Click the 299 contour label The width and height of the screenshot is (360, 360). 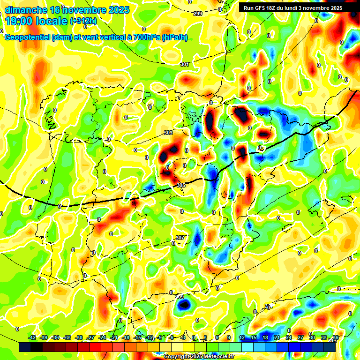click(198, 14)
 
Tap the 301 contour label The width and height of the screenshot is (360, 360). click(185, 64)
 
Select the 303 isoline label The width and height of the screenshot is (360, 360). click(169, 133)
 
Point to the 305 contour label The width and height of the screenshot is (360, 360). click(181, 186)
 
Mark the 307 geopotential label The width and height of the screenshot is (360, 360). click(180, 238)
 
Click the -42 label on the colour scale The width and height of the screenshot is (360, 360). click(32, 337)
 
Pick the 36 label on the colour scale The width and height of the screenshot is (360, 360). click(336, 337)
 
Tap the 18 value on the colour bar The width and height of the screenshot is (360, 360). click(265, 337)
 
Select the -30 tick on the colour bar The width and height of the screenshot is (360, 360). click(79, 337)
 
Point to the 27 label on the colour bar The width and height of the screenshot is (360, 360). click(300, 337)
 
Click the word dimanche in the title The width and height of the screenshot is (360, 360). click(26, 9)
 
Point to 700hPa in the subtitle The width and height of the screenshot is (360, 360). click(145, 37)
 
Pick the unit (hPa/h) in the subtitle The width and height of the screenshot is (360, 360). click(174, 37)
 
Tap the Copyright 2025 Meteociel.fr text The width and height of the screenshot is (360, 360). click(199, 356)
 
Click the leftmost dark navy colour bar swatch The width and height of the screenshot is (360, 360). click(25, 347)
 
